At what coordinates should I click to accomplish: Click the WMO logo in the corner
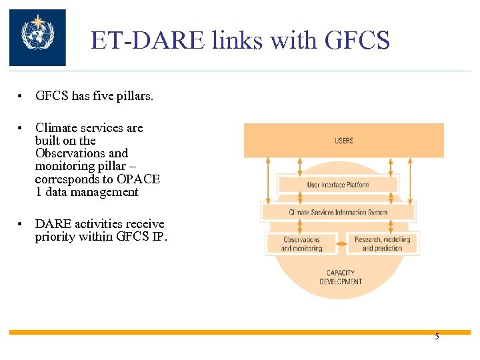(x=37, y=37)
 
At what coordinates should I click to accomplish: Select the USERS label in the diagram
(x=344, y=141)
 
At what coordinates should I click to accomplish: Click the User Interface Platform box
(x=338, y=185)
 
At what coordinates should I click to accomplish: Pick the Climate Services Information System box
(x=338, y=213)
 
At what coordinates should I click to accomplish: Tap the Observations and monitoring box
(x=301, y=244)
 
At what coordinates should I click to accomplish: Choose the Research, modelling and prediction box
(x=382, y=244)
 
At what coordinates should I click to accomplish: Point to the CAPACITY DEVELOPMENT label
(x=340, y=277)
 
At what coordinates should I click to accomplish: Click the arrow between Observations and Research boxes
(x=341, y=244)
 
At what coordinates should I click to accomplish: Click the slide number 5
(x=437, y=337)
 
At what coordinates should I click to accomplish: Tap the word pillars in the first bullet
(x=133, y=96)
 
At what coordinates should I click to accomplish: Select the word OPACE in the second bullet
(x=139, y=179)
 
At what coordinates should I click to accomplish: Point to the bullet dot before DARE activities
(x=21, y=224)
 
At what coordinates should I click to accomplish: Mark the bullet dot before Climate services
(x=21, y=128)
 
